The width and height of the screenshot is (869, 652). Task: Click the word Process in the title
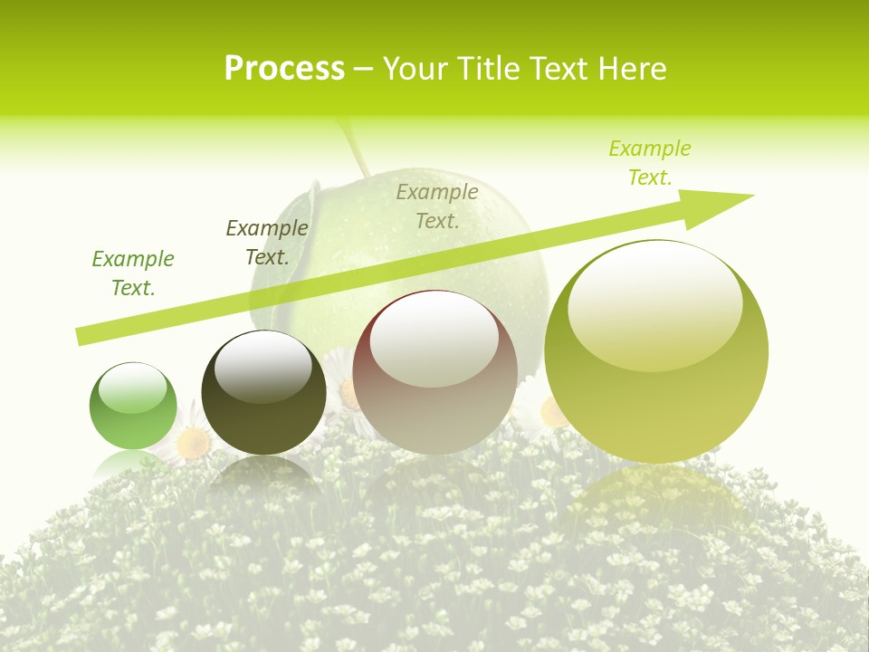pos(284,69)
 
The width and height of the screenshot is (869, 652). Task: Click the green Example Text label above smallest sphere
pos(133,273)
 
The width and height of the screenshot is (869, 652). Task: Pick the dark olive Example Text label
pos(267,243)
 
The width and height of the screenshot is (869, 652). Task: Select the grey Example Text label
pos(437,206)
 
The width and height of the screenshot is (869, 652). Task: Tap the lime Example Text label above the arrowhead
pos(650,163)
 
